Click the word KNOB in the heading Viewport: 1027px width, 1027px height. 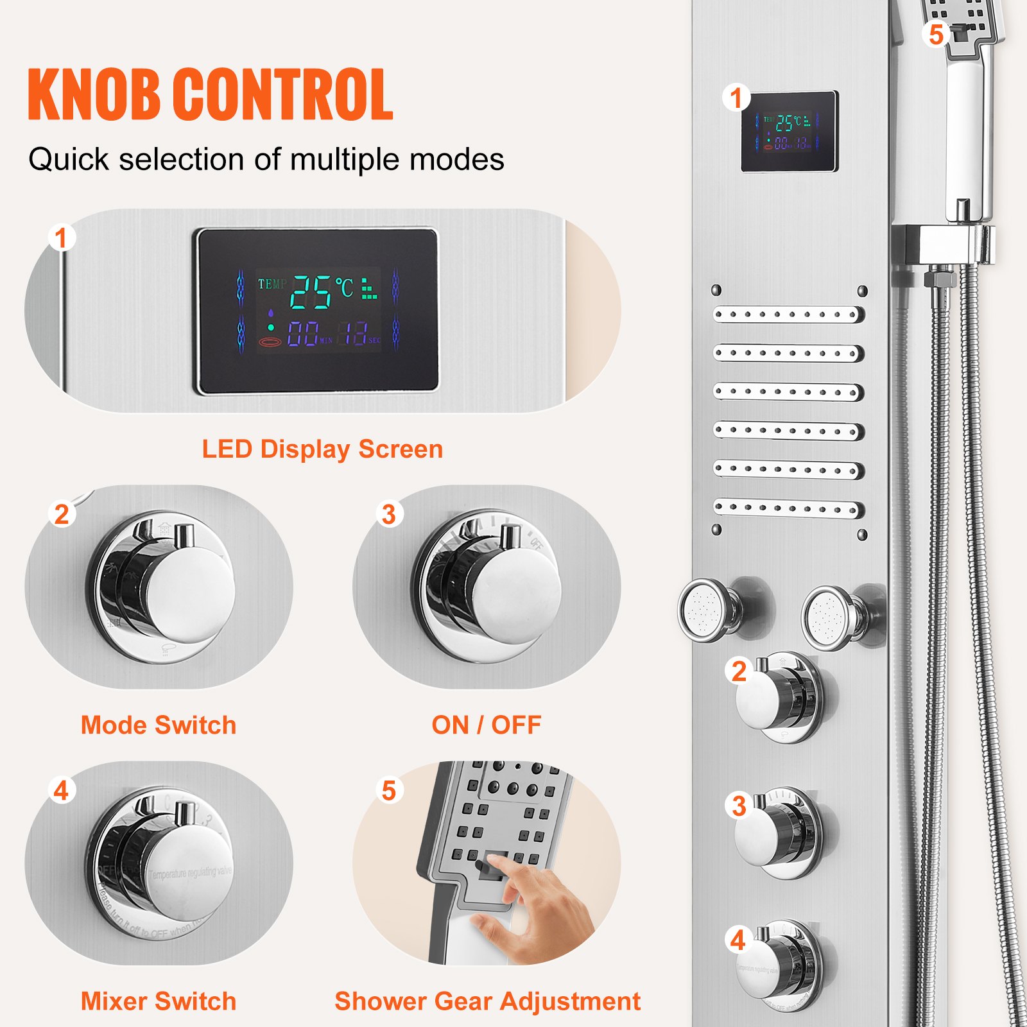(94, 95)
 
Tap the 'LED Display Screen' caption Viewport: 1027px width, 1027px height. (322, 449)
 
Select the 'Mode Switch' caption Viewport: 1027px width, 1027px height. (159, 725)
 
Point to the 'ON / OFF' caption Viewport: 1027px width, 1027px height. (487, 725)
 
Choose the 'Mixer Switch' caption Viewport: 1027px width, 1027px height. (159, 1001)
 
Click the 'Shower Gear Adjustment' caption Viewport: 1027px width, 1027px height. (488, 1001)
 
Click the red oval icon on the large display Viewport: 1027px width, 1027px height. (270, 342)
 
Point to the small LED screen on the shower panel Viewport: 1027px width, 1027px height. (790, 132)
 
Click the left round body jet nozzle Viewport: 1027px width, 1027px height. (705, 609)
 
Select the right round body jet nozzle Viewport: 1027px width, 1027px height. (829, 617)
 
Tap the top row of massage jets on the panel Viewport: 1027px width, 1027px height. (789, 315)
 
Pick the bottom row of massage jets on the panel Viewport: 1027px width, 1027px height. (789, 508)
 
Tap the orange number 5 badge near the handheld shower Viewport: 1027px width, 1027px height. (936, 34)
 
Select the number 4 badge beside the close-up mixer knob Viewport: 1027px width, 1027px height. (62, 790)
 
